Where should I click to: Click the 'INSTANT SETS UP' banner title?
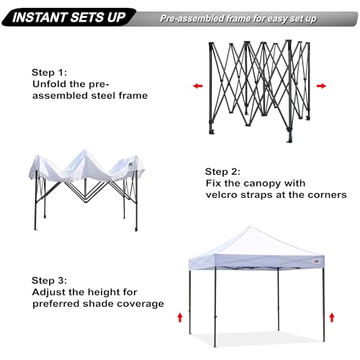click(68, 15)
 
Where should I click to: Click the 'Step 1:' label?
click(51, 73)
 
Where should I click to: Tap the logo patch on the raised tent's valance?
click(315, 262)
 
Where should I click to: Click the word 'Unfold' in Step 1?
click(50, 84)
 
